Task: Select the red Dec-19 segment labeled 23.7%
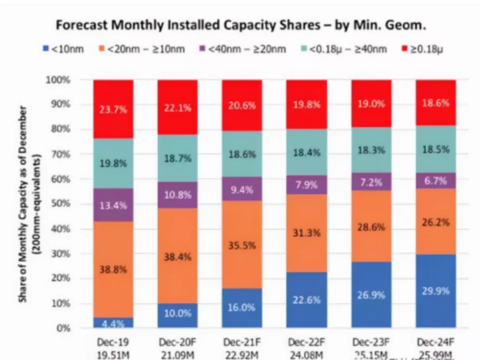113,109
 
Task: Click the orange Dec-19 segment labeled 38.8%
113,269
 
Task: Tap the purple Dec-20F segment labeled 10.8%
177,194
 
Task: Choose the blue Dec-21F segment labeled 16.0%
242,307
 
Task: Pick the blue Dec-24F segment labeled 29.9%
435,290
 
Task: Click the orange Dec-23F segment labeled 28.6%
371,226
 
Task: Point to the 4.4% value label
113,323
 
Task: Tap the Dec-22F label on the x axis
306,342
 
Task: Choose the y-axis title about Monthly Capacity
30,204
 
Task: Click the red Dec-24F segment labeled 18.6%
435,102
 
